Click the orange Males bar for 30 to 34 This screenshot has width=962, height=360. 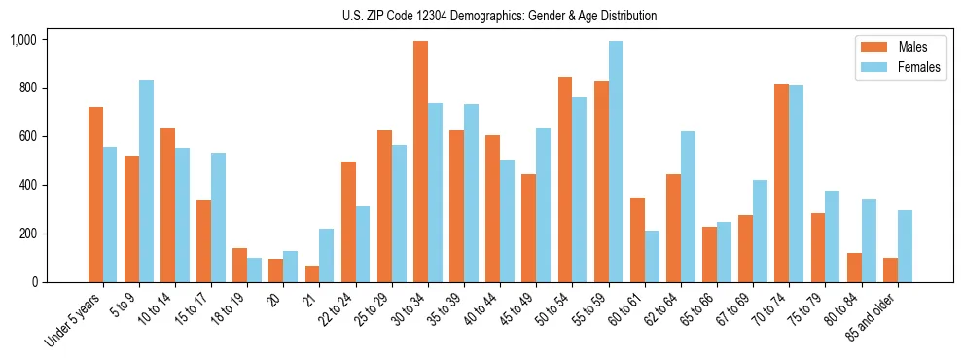[x=420, y=162]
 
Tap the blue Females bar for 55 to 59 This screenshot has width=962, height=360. [x=615, y=162]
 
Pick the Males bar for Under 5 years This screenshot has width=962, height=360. [x=95, y=195]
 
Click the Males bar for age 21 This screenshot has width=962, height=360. [x=311, y=273]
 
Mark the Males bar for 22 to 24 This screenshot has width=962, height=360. [x=348, y=222]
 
